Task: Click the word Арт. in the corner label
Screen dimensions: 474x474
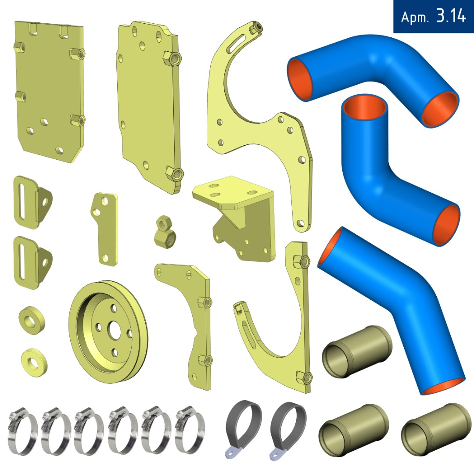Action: click(x=414, y=17)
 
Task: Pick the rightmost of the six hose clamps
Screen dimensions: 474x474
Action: click(x=190, y=429)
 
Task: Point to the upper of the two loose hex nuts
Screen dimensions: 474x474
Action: click(x=164, y=222)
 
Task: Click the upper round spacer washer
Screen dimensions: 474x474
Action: click(x=32, y=320)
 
